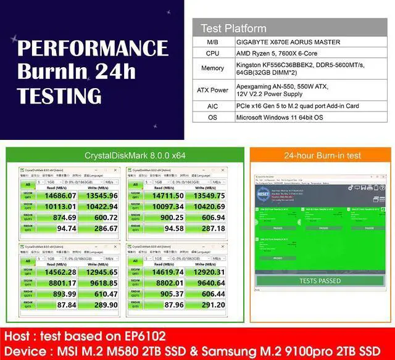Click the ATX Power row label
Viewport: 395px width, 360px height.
click(213, 90)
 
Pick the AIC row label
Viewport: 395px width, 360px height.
click(213, 105)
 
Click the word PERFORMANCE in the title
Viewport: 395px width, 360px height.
click(93, 49)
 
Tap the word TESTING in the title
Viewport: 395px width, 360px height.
click(59, 96)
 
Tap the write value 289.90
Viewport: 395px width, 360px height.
click(102, 305)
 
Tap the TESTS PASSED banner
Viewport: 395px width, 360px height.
click(320, 280)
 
